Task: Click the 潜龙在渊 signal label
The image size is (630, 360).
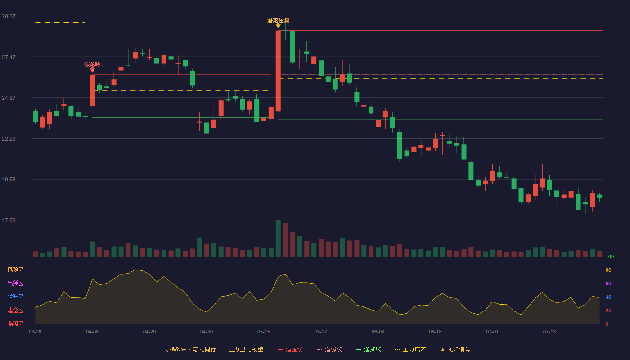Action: [x=278, y=20]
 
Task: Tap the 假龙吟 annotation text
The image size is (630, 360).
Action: [x=92, y=64]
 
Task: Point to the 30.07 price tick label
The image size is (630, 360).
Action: [x=9, y=17]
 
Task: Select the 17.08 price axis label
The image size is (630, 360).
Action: [x=9, y=220]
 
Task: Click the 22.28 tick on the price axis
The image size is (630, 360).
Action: [x=9, y=139]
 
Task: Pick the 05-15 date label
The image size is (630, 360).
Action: [x=264, y=332]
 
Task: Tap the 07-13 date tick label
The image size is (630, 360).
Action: [x=549, y=332]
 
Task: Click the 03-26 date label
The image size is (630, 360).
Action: [x=35, y=332]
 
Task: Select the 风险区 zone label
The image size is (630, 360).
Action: [x=15, y=270]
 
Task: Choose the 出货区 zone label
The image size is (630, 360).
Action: [x=15, y=283]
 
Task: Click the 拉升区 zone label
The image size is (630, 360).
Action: [x=15, y=297]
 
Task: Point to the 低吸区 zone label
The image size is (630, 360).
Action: [x=15, y=324]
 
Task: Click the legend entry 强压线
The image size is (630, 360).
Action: [x=290, y=349]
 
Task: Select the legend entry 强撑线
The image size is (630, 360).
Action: [x=369, y=349]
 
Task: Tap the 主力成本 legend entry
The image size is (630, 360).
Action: [x=410, y=349]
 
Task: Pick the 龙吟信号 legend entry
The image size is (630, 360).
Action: [x=455, y=349]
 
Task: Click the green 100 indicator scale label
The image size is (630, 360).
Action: [x=610, y=256]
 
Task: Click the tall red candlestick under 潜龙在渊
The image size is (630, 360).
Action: [x=278, y=71]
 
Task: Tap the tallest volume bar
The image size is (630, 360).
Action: [x=278, y=238]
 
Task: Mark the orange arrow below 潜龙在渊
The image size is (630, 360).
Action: [x=278, y=26]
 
